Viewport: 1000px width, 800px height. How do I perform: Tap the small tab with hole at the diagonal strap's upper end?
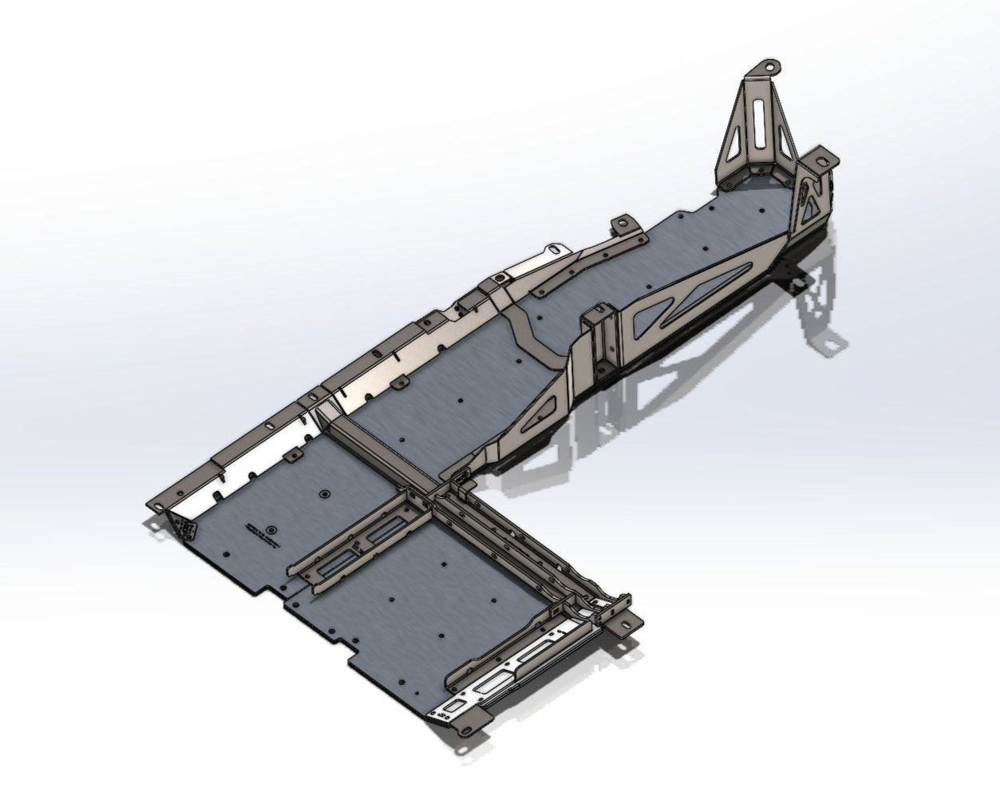coord(623,223)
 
